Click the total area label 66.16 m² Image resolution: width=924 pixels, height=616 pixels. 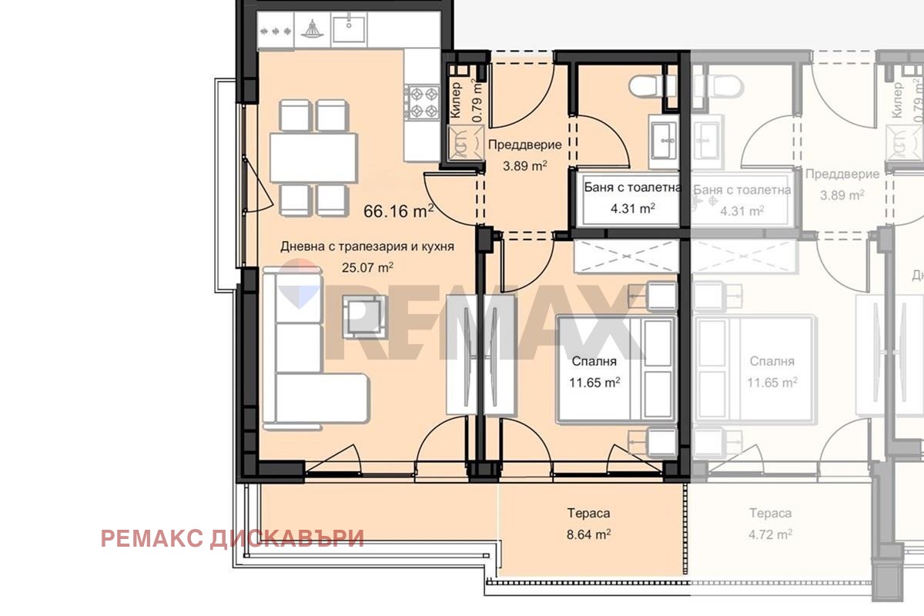tap(399, 211)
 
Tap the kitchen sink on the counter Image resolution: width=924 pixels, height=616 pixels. tap(349, 29)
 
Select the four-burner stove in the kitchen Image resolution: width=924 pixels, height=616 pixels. tap(422, 102)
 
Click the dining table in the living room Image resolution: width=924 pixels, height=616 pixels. tap(313, 158)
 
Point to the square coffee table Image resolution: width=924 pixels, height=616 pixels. tap(364, 316)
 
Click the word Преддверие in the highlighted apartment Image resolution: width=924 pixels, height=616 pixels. tap(524, 145)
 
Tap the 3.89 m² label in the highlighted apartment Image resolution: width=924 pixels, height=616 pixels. tap(524, 166)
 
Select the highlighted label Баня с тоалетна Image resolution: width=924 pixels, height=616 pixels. tap(632, 188)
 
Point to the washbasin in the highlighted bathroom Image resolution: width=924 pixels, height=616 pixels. tap(663, 142)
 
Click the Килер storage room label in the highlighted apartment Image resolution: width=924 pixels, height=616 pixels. tap(455, 100)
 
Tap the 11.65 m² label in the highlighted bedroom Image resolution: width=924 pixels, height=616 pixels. tap(594, 383)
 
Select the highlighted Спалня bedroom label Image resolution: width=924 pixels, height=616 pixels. tap(594, 361)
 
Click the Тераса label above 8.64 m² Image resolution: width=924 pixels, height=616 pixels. tap(588, 514)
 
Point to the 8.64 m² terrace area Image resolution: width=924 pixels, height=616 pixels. tap(588, 534)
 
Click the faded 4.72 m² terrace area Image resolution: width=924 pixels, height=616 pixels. tap(770, 534)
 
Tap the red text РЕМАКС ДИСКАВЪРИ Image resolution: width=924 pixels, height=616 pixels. tap(233, 538)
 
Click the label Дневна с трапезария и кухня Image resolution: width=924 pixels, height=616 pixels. tap(367, 246)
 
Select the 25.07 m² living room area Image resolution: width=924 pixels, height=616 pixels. tap(367, 267)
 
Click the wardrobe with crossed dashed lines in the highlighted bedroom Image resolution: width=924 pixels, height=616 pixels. tap(627, 256)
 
